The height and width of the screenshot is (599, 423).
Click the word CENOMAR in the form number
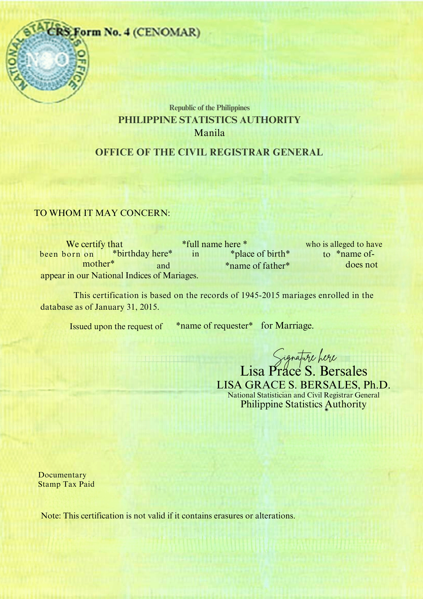166,32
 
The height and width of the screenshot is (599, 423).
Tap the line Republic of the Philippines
209,108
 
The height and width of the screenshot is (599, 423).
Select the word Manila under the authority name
209,133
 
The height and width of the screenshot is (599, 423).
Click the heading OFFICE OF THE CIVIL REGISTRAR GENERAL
209,152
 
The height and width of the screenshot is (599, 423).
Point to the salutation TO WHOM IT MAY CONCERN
102,213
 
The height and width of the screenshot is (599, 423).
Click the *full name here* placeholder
214,244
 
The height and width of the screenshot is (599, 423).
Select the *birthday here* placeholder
142,254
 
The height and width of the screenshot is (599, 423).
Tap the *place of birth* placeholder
260,254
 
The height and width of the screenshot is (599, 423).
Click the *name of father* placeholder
257,266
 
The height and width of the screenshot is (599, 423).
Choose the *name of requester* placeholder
214,326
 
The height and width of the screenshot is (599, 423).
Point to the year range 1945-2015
260,295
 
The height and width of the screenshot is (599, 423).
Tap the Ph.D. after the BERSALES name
377,385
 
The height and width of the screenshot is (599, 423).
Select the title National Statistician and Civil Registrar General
303,395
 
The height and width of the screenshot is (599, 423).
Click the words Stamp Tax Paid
66,484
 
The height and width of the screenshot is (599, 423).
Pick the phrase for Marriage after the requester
287,326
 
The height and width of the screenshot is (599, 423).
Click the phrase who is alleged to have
344,244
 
